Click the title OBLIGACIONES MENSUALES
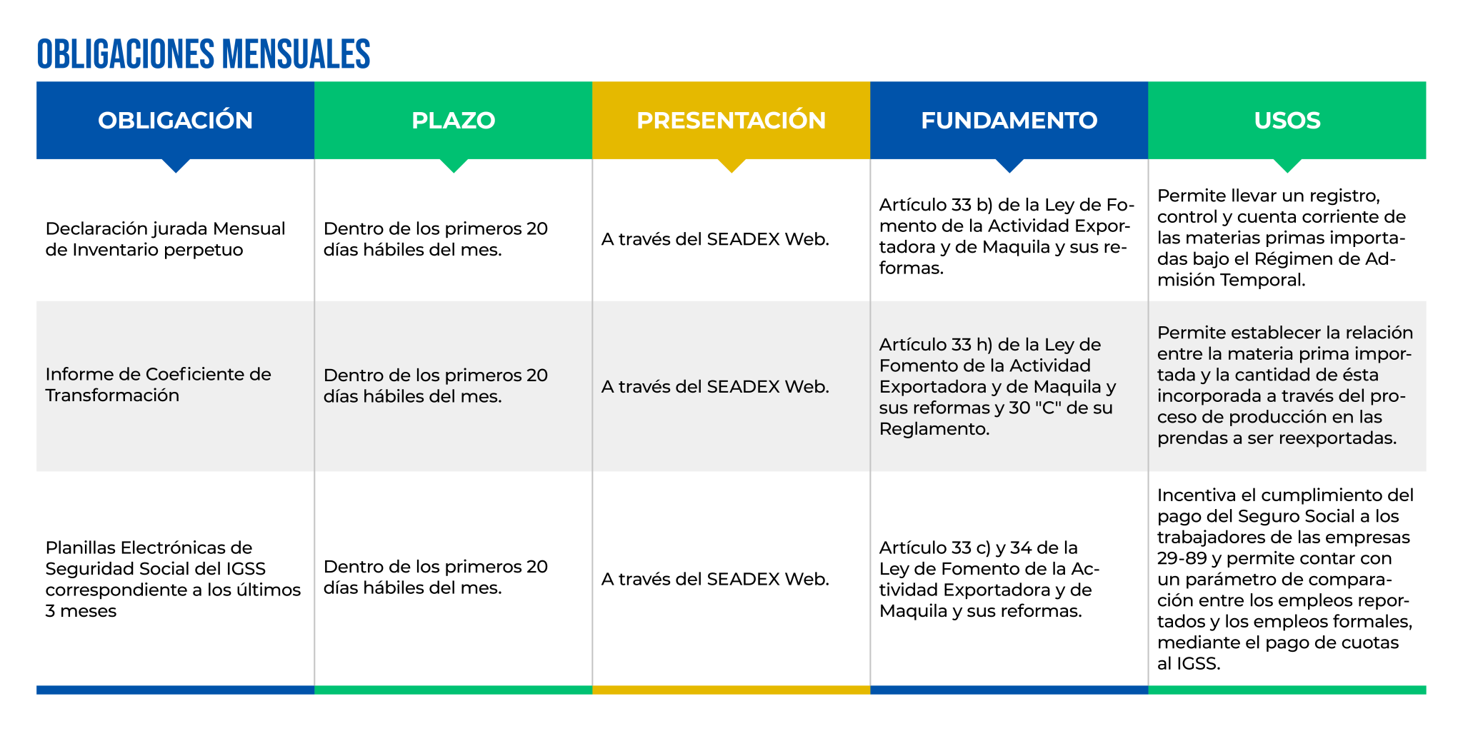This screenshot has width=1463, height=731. [204, 54]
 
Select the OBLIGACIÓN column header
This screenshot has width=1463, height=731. [176, 120]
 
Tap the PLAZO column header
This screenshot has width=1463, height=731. [454, 120]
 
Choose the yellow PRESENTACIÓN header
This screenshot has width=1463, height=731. [731, 120]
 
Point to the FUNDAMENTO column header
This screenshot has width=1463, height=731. [1009, 120]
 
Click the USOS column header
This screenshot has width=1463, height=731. [1287, 120]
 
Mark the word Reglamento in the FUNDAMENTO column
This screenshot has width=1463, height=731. [934, 429]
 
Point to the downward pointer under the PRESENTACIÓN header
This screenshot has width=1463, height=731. [731, 166]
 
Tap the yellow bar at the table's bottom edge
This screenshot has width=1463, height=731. [731, 690]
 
